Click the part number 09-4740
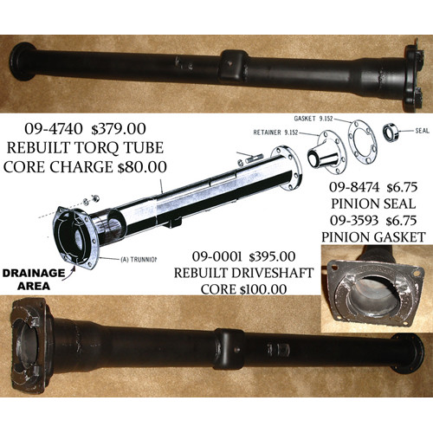[x=54, y=129]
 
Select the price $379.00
[x=119, y=129]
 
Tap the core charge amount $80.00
[x=142, y=167]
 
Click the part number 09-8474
[x=354, y=187]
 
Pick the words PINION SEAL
[x=373, y=204]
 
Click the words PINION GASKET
[x=373, y=237]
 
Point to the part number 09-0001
[x=216, y=256]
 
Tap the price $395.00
[x=273, y=256]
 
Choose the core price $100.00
[x=263, y=289]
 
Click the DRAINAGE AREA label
[x=34, y=280]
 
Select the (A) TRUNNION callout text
[x=139, y=259]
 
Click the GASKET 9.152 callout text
[x=313, y=119]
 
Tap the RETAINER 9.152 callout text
[x=275, y=132]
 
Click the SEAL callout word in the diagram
[x=422, y=131]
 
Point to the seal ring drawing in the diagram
[x=391, y=132]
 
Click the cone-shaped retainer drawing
[x=323, y=154]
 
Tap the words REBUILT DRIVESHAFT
[x=243, y=273]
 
